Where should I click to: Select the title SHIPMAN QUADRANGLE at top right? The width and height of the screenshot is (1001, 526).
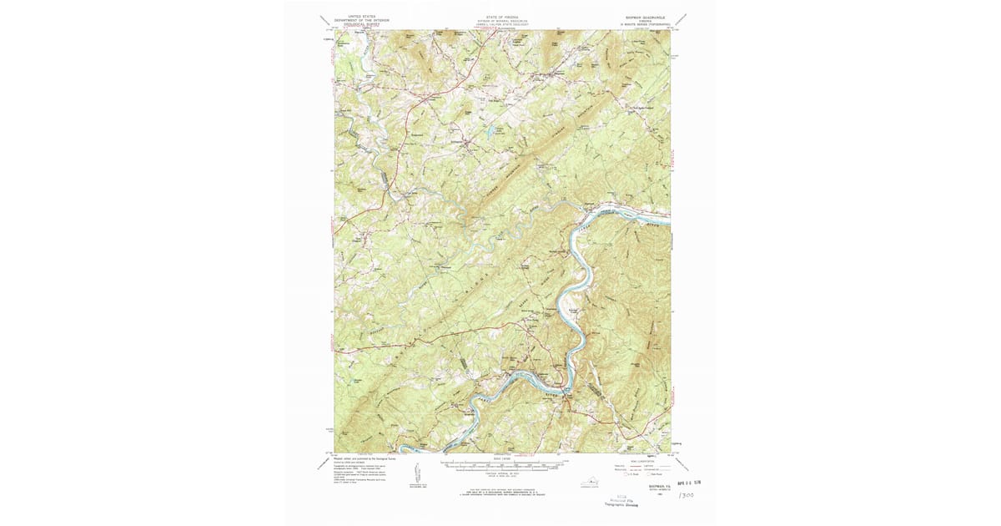click(645, 16)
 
